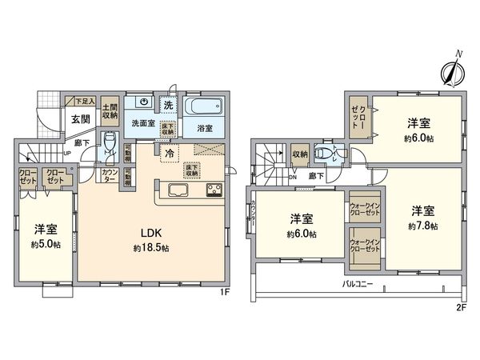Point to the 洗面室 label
click(145, 125)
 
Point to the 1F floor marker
click(227, 291)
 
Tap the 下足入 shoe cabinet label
click(85, 102)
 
